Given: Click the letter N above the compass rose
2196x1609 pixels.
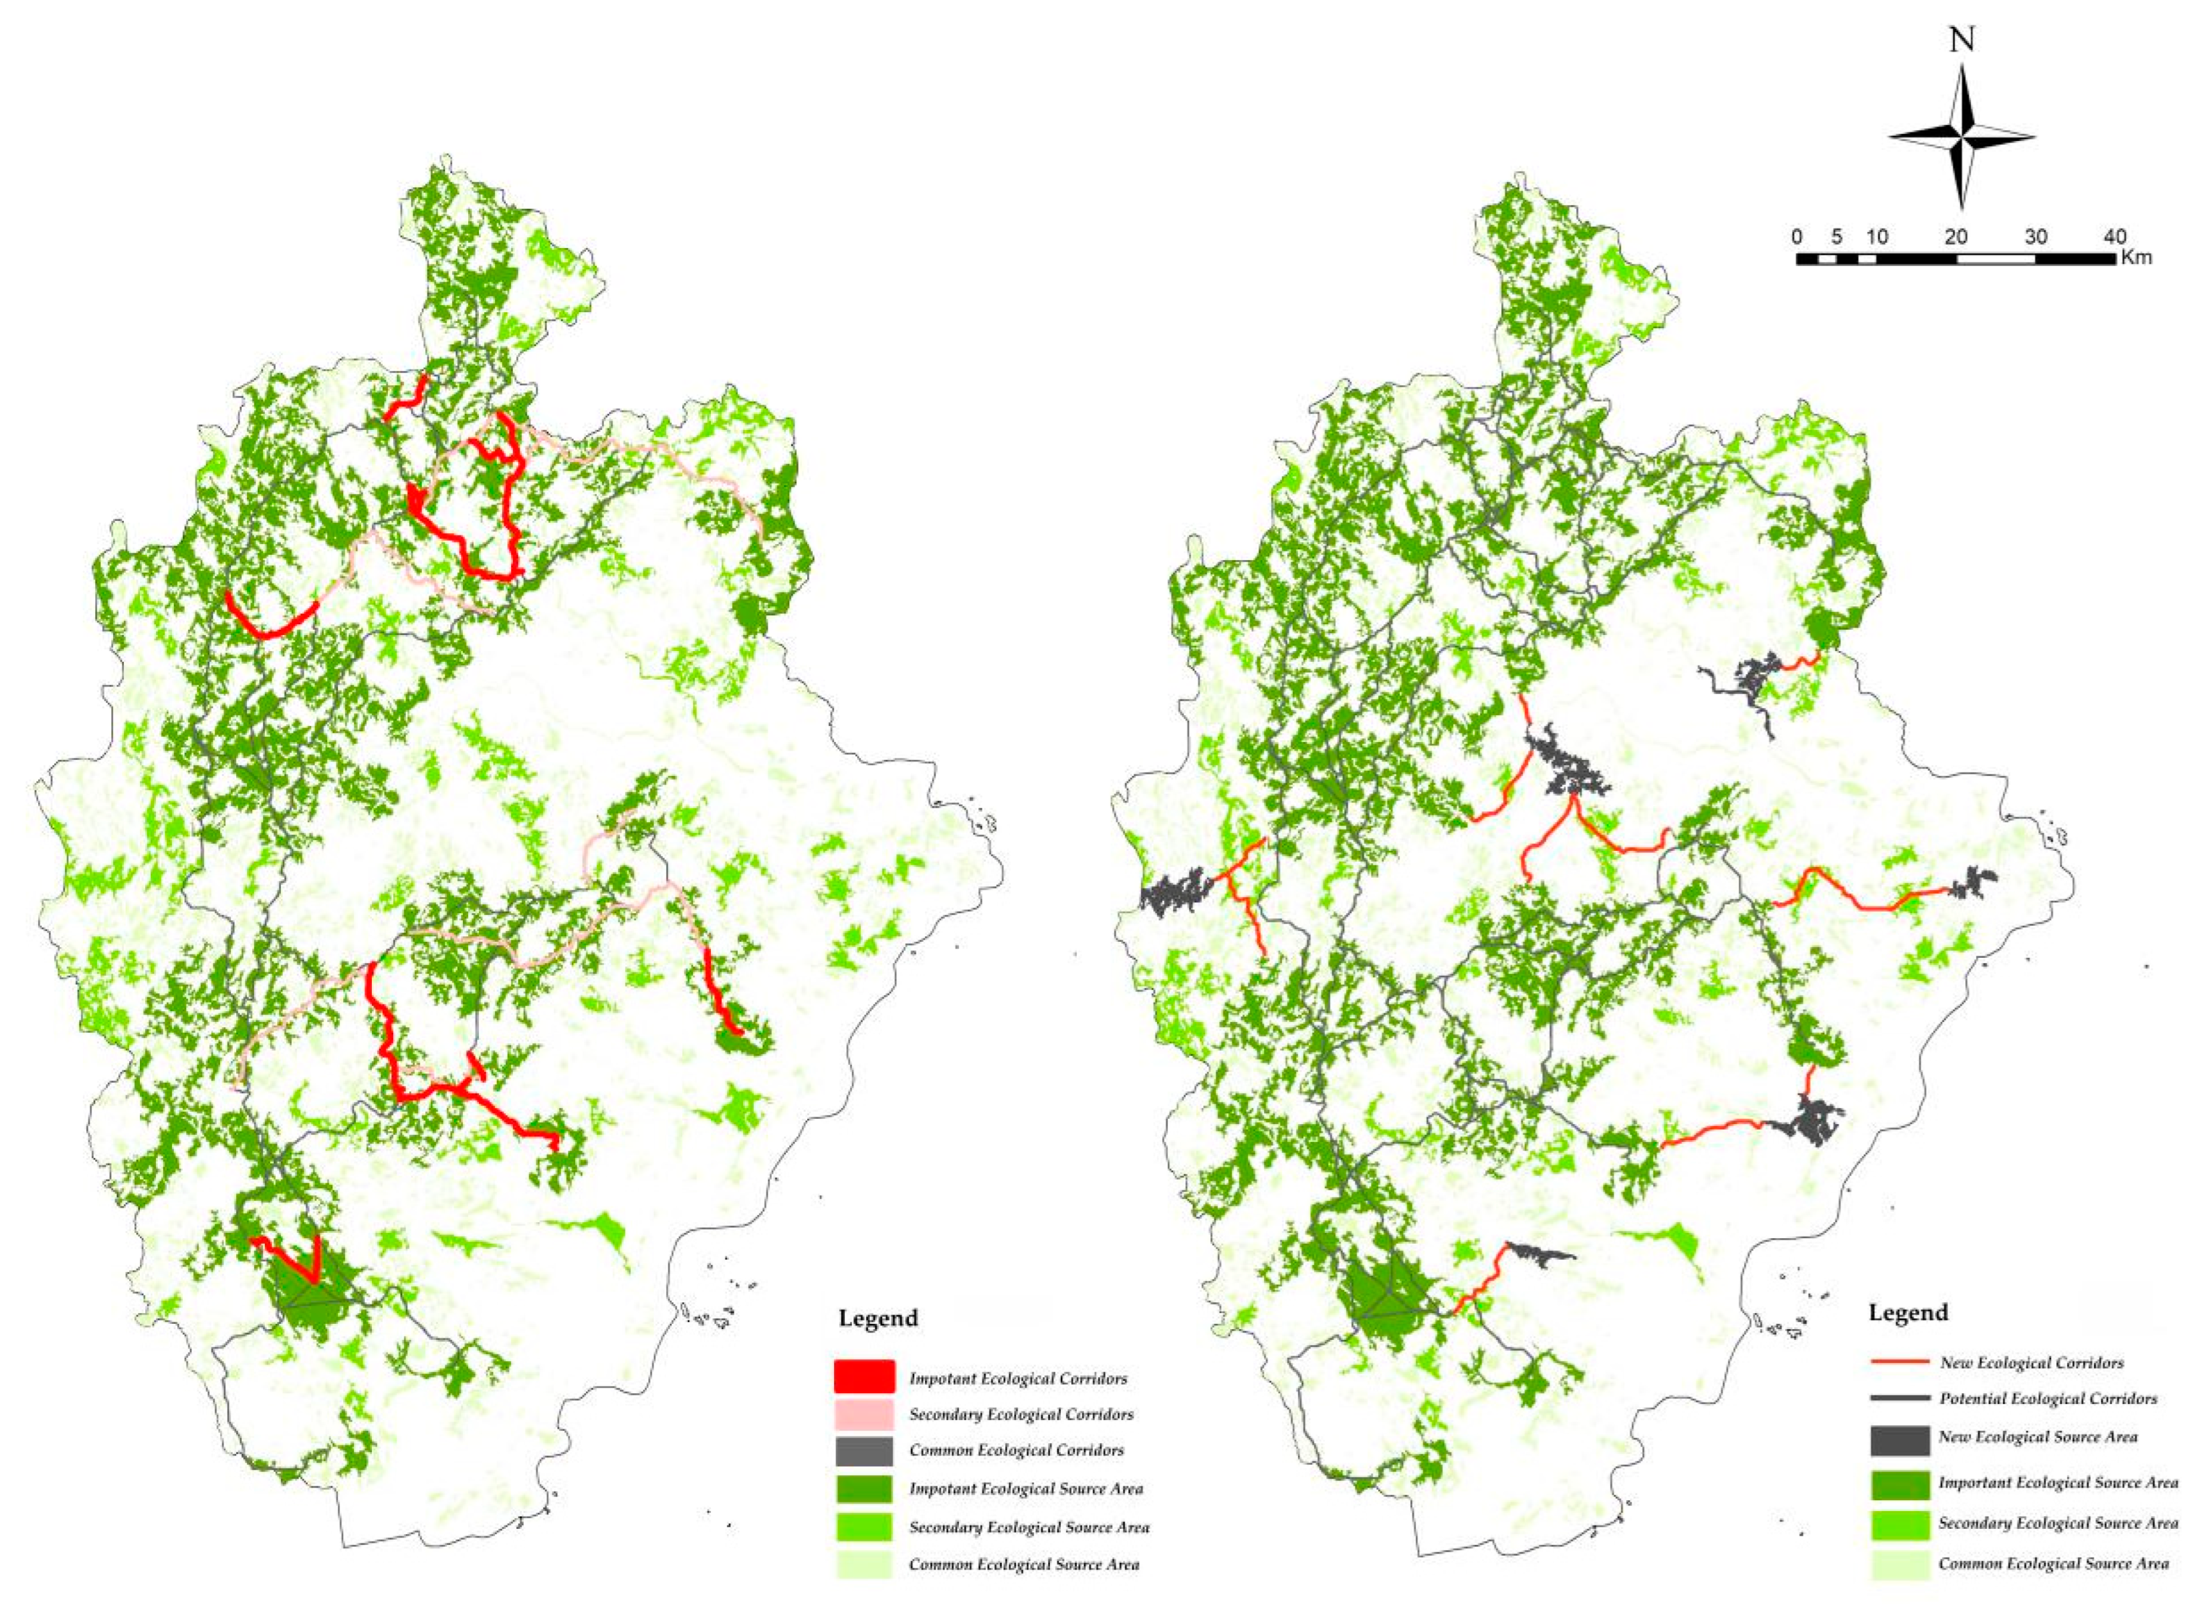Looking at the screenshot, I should pos(1961,41).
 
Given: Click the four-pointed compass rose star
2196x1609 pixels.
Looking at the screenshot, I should pos(1961,138).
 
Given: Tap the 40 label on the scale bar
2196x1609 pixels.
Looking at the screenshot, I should pos(2114,237).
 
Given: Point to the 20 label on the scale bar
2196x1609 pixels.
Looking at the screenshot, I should pos(1956,237).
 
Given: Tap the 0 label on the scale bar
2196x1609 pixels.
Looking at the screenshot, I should pos(1797,237).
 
